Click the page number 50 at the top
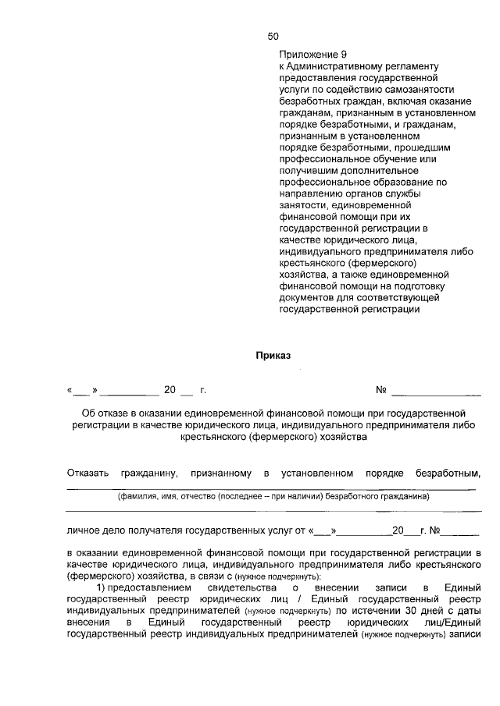(x=273, y=36)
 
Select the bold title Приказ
(x=273, y=356)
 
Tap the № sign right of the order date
(x=382, y=389)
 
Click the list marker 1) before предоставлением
(x=100, y=587)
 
